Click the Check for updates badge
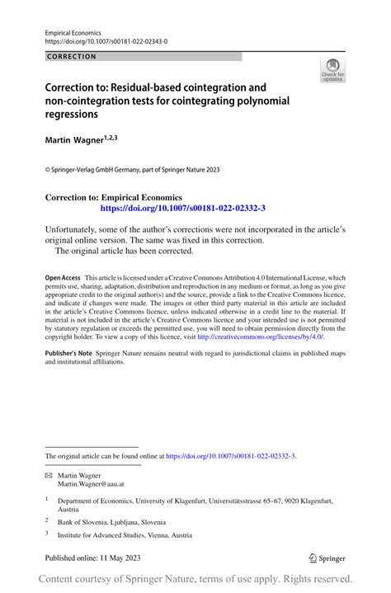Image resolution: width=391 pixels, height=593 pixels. [332, 71]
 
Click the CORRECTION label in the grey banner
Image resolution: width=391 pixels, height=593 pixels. [72, 57]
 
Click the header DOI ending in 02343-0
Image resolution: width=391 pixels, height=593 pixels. [106, 40]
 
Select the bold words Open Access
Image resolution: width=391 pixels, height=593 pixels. [63, 278]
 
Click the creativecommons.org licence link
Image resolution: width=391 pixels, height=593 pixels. [260, 337]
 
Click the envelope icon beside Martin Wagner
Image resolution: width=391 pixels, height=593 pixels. [49, 476]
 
